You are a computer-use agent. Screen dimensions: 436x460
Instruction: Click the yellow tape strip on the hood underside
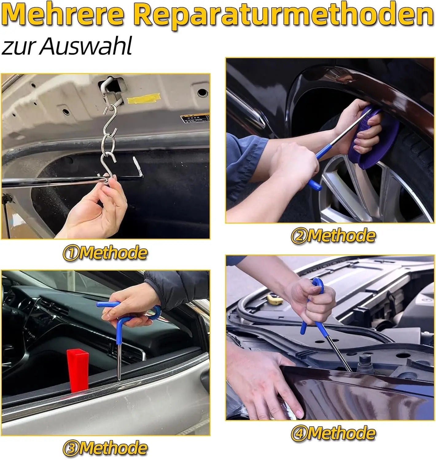click(x=143, y=98)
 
